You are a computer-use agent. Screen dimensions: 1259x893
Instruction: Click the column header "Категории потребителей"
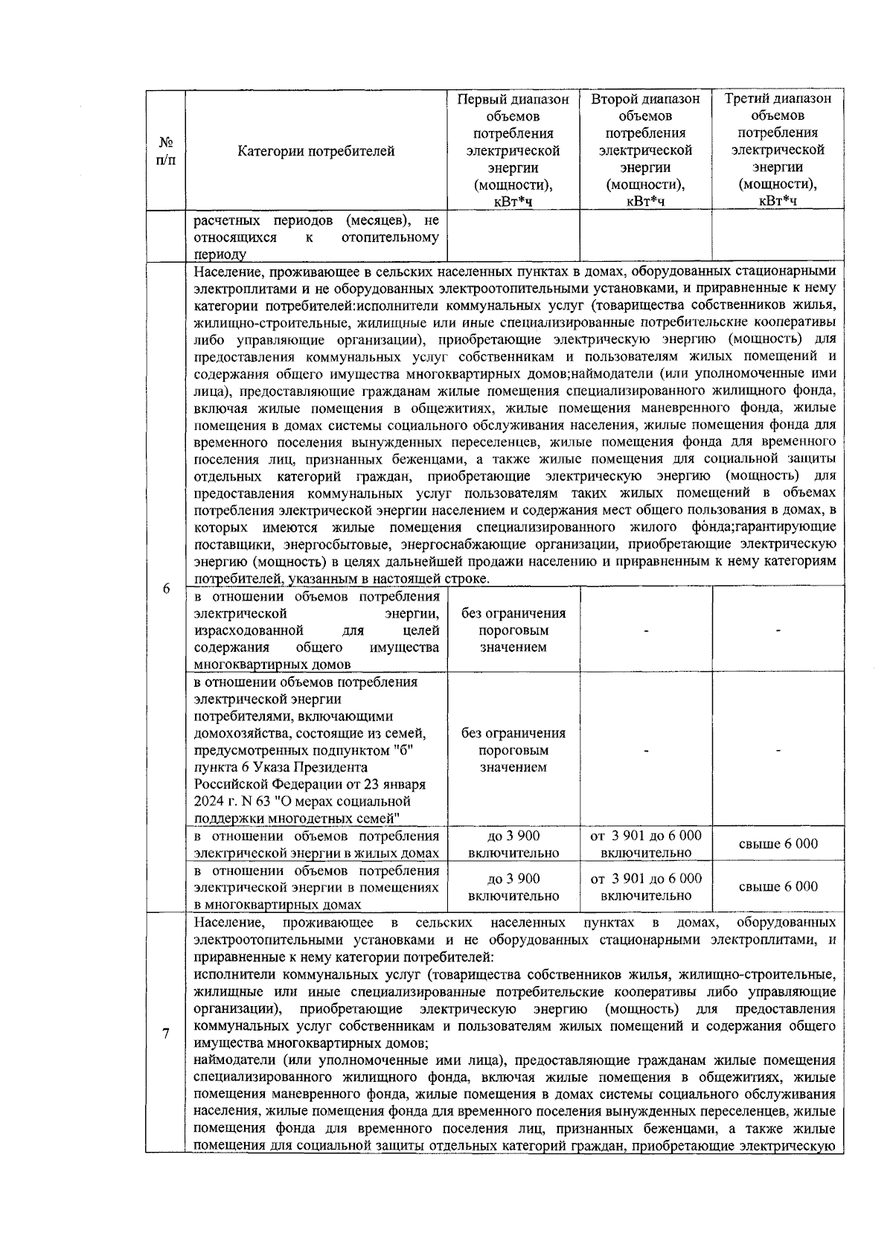click(x=316, y=151)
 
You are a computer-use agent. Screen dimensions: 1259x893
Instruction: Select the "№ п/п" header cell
click(x=166, y=151)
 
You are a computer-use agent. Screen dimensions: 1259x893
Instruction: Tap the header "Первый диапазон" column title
click(x=513, y=99)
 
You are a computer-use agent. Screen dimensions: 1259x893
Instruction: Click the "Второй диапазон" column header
click(x=645, y=99)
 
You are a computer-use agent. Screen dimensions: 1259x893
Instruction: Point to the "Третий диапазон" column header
click(x=778, y=99)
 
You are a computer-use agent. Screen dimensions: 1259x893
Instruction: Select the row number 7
click(x=166, y=1034)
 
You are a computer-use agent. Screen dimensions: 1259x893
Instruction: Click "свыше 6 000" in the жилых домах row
click(x=778, y=844)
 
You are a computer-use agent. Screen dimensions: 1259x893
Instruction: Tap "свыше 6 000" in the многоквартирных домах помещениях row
click(x=778, y=886)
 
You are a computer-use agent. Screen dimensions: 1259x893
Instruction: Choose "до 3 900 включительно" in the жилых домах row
click(x=513, y=844)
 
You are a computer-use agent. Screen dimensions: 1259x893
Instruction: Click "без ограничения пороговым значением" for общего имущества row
click(x=513, y=630)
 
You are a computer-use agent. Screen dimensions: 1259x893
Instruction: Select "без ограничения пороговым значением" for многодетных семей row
click(x=513, y=750)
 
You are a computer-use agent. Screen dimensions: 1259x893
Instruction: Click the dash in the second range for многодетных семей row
click(x=646, y=752)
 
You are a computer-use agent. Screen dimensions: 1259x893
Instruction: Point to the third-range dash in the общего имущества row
click(x=778, y=631)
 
